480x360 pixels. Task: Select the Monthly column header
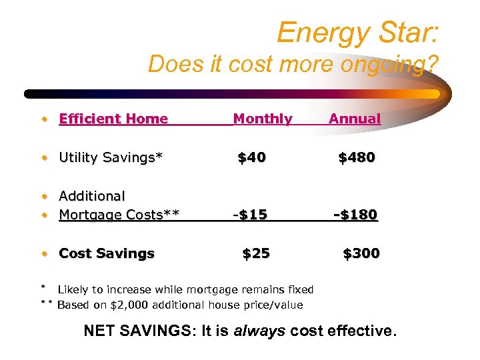pos(263,119)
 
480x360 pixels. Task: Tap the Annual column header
pos(355,119)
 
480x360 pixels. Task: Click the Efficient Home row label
pos(113,119)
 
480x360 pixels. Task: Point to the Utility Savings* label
pos(111,158)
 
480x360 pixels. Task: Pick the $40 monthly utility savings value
pos(252,158)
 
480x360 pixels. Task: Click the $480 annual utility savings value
pos(357,158)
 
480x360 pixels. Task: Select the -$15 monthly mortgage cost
pos(250,215)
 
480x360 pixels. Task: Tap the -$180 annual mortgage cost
pos(356,215)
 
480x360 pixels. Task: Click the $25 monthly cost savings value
pos(256,253)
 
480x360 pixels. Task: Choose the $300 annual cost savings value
pos(361,253)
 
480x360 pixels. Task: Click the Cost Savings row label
pos(107,253)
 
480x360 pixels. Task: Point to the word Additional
pos(92,197)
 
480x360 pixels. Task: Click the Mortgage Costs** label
pos(119,215)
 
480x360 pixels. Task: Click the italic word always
pos(261,330)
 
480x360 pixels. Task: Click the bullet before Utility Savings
pos(44,159)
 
